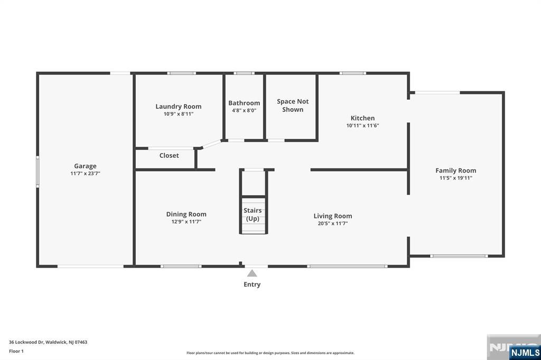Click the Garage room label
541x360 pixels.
tap(85, 166)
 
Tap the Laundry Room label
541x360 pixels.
tap(179, 107)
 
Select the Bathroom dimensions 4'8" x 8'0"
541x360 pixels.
tap(244, 111)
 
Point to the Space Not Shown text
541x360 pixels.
tap(293, 105)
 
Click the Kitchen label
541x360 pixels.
tap(362, 118)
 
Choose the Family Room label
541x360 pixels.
tap(456, 170)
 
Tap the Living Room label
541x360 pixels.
tap(333, 216)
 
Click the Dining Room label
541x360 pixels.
tap(186, 214)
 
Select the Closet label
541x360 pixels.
tap(169, 156)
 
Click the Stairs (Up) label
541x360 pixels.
tap(253, 214)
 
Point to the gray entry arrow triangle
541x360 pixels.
tap(252, 273)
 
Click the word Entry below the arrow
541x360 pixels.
tap(252, 285)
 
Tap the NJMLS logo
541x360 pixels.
tap(525, 353)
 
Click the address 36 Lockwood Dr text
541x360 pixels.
tap(48, 342)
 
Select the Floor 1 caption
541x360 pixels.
tap(16, 351)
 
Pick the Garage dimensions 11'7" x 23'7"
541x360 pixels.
tap(85, 174)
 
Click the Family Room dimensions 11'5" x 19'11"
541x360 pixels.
tap(456, 178)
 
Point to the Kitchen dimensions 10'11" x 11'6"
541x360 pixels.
tap(362, 126)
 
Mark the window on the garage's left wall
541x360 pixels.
tap(38, 172)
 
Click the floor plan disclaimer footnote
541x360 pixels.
tap(270, 353)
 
